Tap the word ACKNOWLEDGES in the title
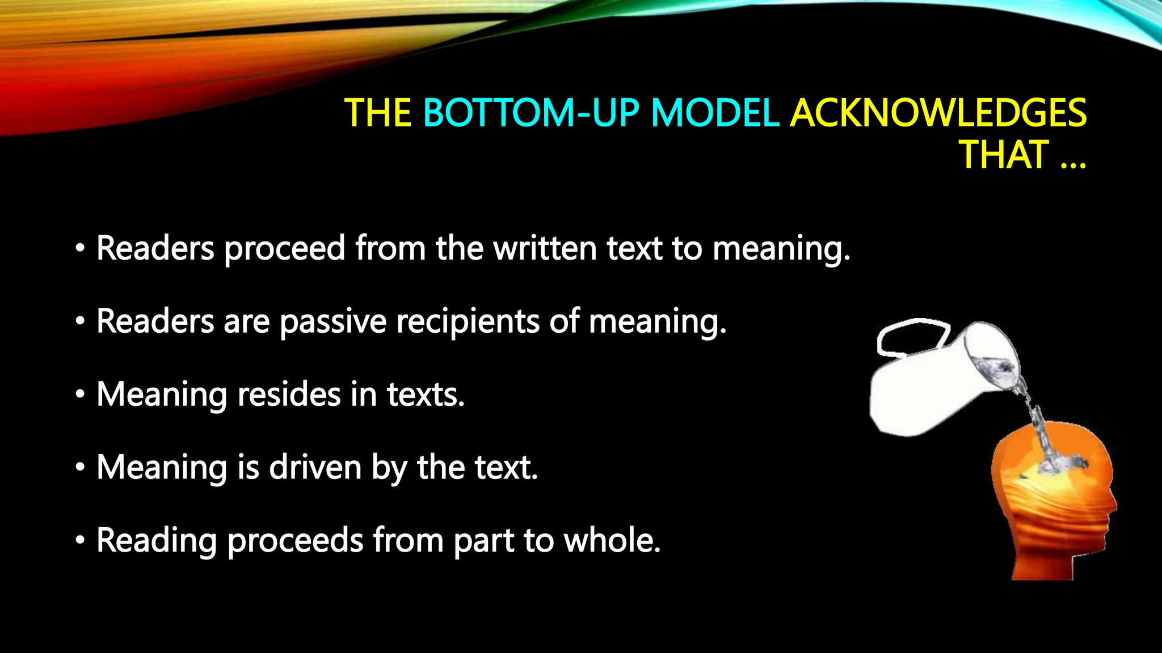[x=938, y=113]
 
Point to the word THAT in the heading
[x=1003, y=155]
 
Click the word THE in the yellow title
[x=377, y=113]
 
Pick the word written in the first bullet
[x=545, y=248]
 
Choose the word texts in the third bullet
[x=425, y=394]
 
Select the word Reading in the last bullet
[x=157, y=540]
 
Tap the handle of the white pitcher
[x=911, y=338]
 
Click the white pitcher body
[x=919, y=397]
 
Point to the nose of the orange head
[x=1114, y=504]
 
